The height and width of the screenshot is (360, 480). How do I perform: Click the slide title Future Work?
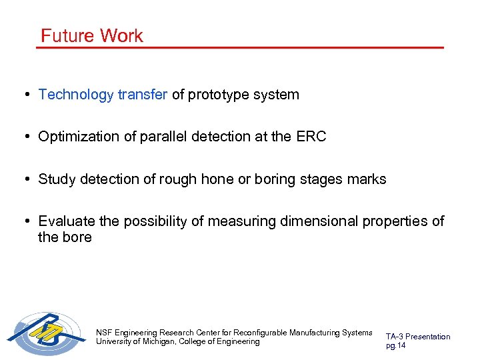tap(91, 35)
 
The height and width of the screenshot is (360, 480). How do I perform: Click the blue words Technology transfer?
tap(103, 95)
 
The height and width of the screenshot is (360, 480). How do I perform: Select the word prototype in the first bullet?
tap(217, 95)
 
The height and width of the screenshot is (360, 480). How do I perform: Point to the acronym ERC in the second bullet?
tap(311, 137)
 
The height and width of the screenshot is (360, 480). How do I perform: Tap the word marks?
tap(367, 179)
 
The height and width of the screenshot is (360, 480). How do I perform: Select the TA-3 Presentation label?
tap(417, 337)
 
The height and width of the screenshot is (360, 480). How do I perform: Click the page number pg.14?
tap(395, 345)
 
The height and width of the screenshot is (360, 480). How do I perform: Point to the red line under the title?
tap(240, 47)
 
